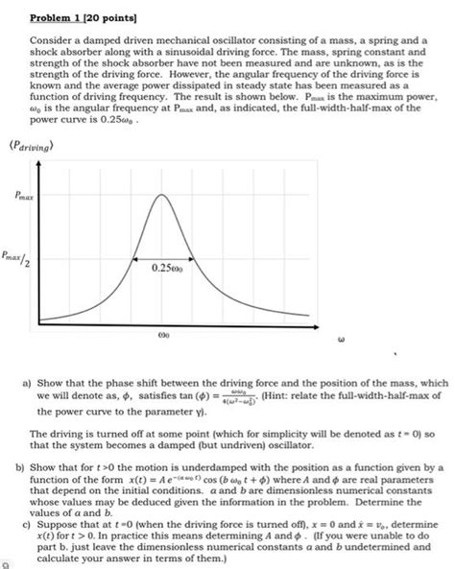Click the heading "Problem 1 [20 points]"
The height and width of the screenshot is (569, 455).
click(70, 17)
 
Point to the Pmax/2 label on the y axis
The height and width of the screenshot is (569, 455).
click(26, 256)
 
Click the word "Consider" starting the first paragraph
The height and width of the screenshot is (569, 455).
click(49, 41)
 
